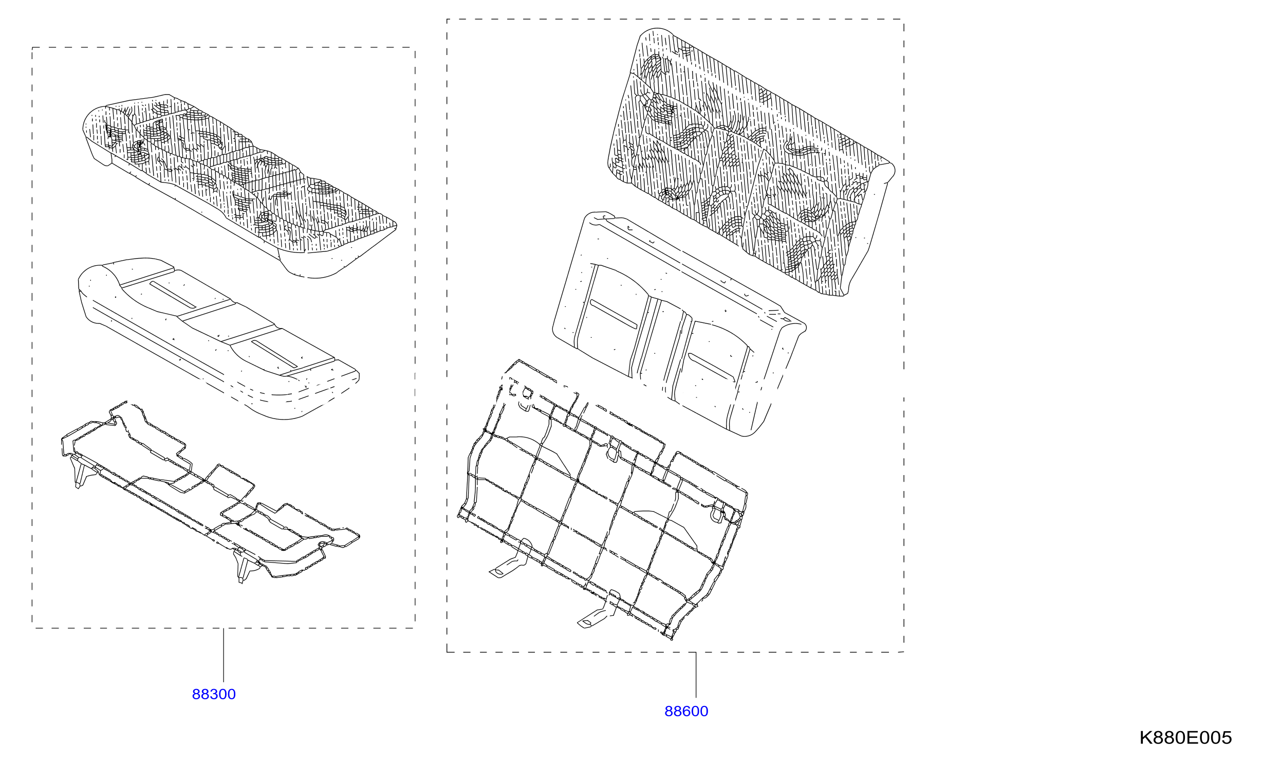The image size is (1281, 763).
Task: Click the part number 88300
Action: [214, 694]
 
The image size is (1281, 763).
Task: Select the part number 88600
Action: [686, 711]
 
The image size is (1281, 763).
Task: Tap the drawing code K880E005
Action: [1185, 737]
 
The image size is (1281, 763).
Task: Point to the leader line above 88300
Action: [224, 655]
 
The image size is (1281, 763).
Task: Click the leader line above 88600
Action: [696, 675]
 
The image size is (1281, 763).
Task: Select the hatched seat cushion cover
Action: [239, 186]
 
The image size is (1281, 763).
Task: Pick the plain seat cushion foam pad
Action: [218, 337]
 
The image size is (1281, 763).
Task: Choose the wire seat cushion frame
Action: [210, 493]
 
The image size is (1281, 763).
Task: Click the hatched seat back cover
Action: [751, 162]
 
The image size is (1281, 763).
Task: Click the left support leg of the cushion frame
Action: [79, 470]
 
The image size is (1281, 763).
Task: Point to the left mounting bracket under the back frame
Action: [510, 559]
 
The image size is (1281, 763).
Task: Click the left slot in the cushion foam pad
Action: [173, 295]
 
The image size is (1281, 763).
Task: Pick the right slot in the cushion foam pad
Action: [274, 354]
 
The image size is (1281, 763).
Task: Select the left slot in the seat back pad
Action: [614, 314]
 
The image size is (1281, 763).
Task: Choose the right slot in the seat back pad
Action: [711, 366]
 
